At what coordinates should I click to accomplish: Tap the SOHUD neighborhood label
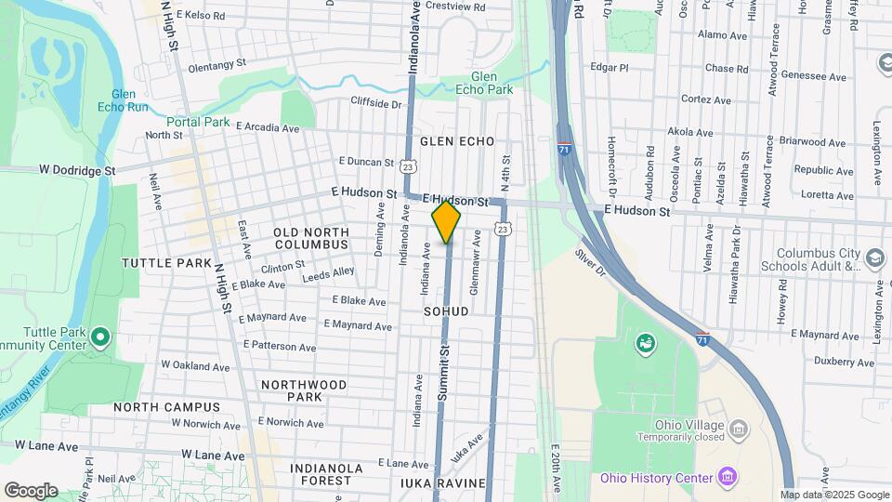point(446,310)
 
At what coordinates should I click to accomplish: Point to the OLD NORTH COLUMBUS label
point(311,238)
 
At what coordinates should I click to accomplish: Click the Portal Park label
point(198,122)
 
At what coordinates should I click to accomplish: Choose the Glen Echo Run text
point(130,100)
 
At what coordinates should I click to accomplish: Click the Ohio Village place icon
point(739,429)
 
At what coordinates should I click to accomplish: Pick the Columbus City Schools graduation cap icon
point(874,258)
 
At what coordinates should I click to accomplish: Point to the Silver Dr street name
point(590,261)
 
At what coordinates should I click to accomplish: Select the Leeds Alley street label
point(328,272)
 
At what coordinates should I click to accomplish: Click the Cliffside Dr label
point(375,103)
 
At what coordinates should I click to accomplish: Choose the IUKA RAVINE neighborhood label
point(443,483)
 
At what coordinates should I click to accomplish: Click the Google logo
point(31,490)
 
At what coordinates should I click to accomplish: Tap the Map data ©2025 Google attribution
point(834,495)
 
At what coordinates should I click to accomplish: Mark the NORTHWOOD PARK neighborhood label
point(304,390)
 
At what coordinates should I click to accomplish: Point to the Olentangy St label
point(216,66)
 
